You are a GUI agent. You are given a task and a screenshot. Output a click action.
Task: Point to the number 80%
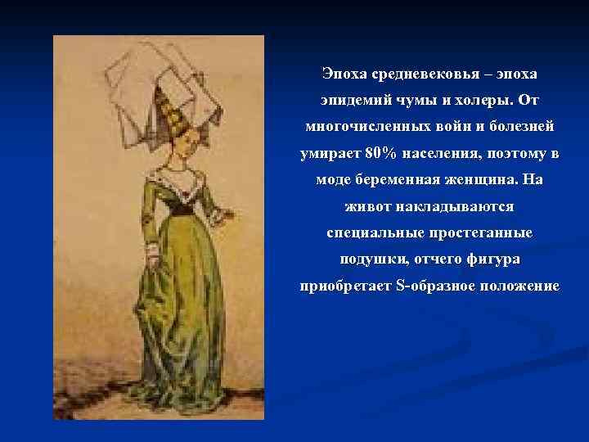[x=371, y=155]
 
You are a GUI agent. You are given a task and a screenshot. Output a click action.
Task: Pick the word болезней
[x=518, y=128]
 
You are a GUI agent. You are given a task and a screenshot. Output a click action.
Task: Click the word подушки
[x=371, y=260]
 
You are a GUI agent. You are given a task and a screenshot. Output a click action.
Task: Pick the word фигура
[x=492, y=260]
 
